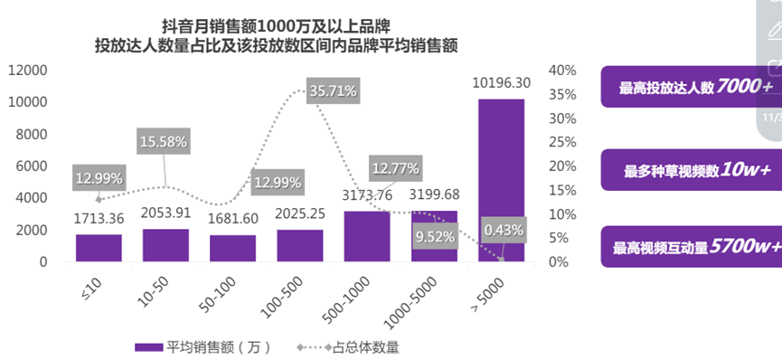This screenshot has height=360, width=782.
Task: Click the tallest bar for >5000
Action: [x=501, y=181]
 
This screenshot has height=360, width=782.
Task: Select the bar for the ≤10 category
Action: [x=99, y=248]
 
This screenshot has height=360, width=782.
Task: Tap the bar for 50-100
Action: [x=232, y=249]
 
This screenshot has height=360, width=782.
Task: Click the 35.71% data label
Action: [x=334, y=91]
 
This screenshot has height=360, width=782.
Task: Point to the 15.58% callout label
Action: [x=164, y=141]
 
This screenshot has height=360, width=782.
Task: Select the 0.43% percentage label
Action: [x=504, y=230]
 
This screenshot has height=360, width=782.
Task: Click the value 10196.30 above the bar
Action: [x=501, y=83]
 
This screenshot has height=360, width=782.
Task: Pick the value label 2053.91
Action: [x=165, y=213]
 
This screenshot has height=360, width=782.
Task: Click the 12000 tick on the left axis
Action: [x=28, y=71]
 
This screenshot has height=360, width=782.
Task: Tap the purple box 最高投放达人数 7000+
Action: [x=690, y=87]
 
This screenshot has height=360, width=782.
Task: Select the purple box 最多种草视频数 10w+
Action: [x=690, y=169]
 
